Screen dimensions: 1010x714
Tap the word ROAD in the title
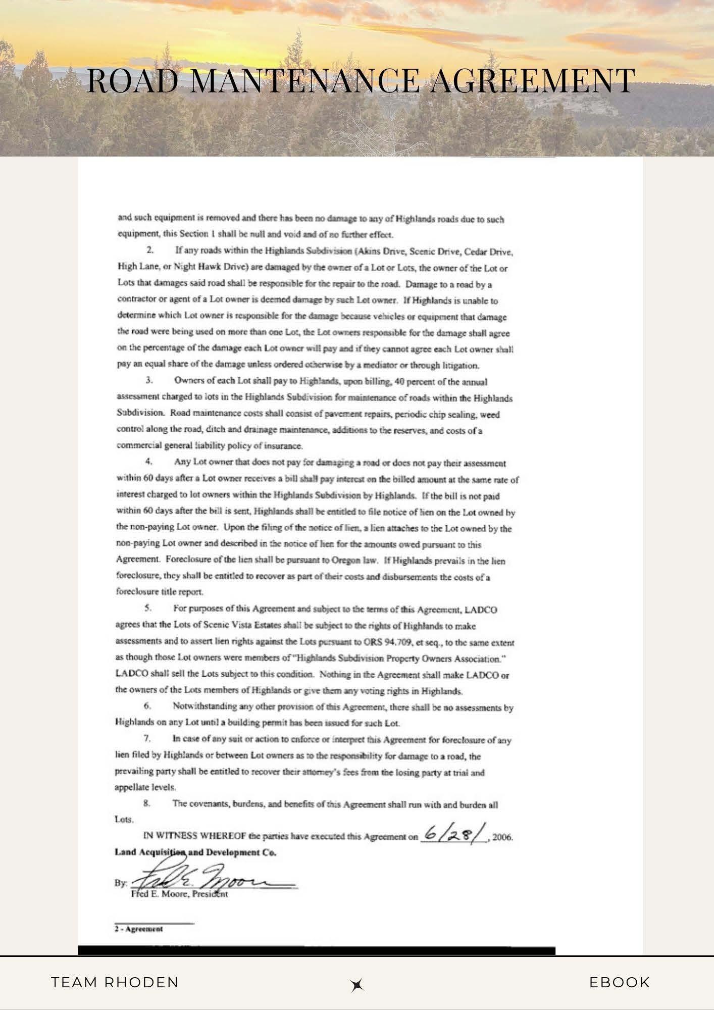pos(133,81)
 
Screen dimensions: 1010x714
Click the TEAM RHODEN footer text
pos(115,982)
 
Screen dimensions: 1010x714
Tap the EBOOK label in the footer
pos(620,982)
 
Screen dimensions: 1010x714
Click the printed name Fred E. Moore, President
pos(179,894)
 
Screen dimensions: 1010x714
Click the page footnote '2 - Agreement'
pos(139,929)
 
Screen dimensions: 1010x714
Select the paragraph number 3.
pos(149,381)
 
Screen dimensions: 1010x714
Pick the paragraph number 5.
pos(148,609)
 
